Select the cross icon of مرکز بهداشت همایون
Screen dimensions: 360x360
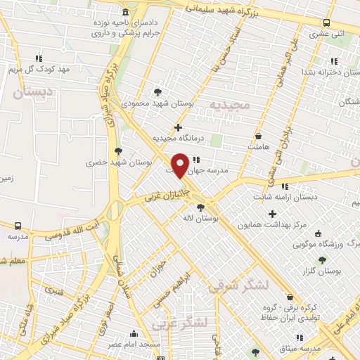273,214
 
